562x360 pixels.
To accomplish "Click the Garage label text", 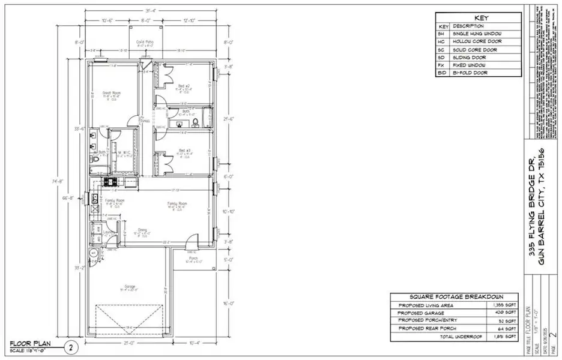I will click(x=130, y=287).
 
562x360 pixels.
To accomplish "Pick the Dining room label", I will click(x=142, y=229).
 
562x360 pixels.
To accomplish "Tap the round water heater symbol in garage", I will click(x=93, y=254).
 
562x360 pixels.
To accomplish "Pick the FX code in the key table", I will click(x=444, y=65).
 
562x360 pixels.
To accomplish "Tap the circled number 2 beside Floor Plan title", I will click(x=70, y=346).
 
